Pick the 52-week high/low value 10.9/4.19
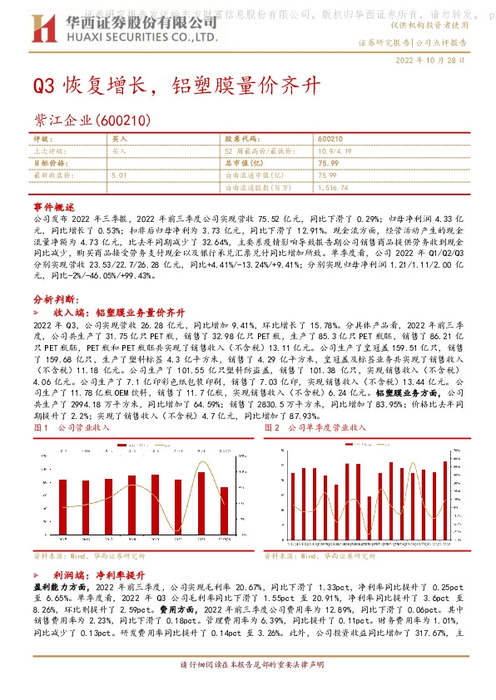[335, 151]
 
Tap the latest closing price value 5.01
[117, 175]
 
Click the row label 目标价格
[50, 164]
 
